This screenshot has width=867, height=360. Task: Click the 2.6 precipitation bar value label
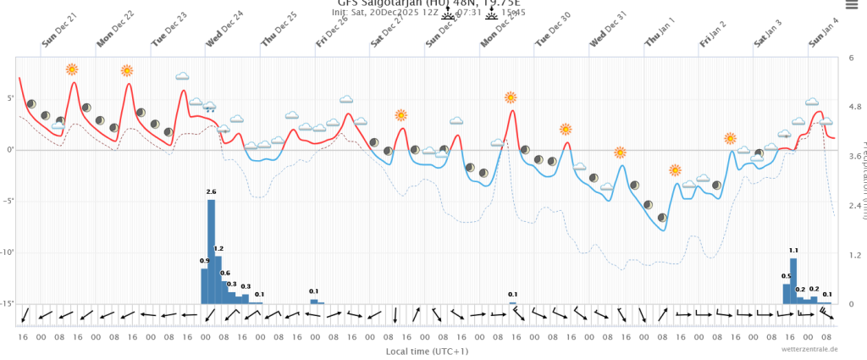[x=211, y=192]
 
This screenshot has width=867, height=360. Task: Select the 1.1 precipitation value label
[x=793, y=251]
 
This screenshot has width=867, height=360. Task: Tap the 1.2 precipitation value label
[x=218, y=248]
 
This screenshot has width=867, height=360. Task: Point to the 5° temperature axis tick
[x=10, y=98]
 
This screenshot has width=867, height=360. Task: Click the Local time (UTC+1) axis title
[x=428, y=351]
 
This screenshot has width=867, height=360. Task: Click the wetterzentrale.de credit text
[x=809, y=349]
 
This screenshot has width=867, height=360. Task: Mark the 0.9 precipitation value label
[x=204, y=261]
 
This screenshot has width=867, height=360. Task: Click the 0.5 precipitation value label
[x=786, y=276]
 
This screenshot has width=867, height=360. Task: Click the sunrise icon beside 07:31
[x=448, y=13]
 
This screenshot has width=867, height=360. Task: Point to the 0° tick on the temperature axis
[x=10, y=150]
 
